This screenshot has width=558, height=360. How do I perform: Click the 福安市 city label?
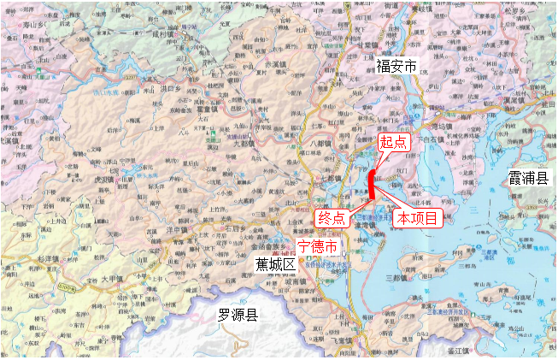397,65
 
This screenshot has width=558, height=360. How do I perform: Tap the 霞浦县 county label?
530,178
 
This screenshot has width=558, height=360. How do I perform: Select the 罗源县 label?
239,316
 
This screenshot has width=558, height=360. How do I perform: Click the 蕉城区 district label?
275,265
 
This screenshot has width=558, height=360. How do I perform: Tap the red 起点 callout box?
394,143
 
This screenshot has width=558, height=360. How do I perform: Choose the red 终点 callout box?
332,217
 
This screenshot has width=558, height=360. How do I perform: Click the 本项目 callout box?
418,219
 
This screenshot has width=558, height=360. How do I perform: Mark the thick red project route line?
374,183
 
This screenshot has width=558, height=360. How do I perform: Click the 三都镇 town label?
399,277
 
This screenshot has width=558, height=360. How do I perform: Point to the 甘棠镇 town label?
370,44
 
